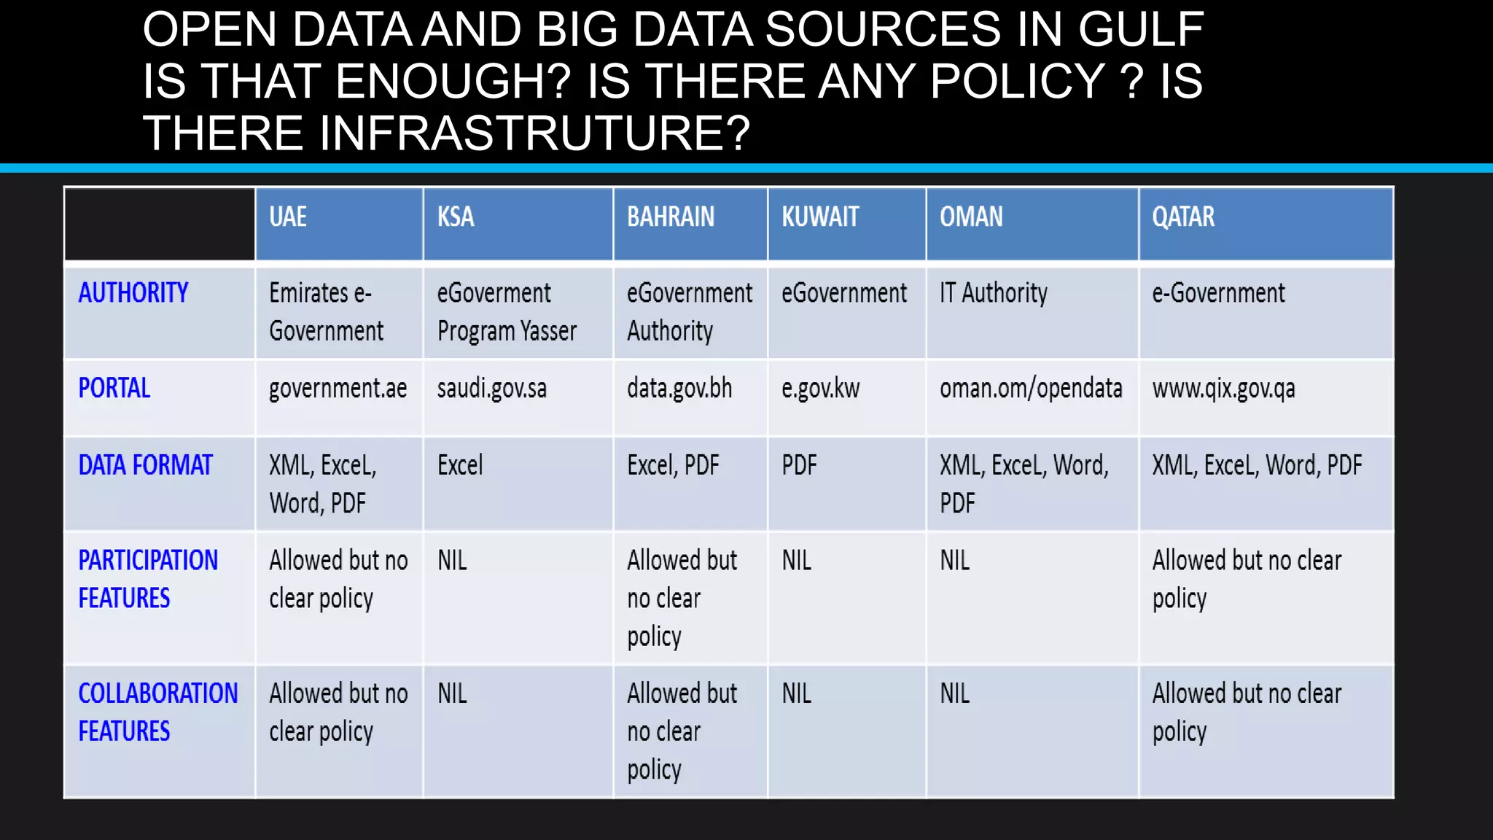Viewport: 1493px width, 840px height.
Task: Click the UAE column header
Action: [288, 217]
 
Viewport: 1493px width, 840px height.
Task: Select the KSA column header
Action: [456, 217]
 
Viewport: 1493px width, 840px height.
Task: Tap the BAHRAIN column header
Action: [671, 217]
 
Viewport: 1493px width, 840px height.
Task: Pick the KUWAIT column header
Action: [820, 217]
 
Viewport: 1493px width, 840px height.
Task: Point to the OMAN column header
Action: [971, 217]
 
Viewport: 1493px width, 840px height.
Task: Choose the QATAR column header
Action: [1183, 217]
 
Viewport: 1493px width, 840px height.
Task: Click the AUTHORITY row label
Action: [133, 293]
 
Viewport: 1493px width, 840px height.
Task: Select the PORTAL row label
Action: [114, 388]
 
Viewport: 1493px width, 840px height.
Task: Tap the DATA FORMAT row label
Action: [145, 465]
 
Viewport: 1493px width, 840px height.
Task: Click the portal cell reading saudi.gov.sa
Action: [492, 389]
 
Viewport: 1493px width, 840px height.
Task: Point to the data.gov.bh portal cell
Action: [679, 389]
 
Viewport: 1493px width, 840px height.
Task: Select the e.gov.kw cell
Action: [821, 389]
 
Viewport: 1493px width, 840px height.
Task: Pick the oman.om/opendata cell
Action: [1031, 389]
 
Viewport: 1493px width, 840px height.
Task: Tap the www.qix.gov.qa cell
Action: [1224, 389]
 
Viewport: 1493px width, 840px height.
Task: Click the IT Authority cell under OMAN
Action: [994, 293]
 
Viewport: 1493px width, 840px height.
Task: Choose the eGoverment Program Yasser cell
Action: [507, 312]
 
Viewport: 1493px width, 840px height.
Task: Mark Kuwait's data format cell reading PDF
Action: [800, 465]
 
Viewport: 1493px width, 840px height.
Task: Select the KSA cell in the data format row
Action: [460, 465]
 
